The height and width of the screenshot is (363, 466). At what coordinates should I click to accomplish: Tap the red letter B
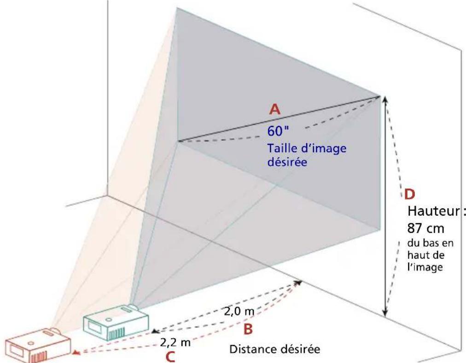pyautogui.click(x=248, y=329)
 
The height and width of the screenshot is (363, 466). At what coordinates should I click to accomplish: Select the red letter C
pyautogui.click(x=170, y=357)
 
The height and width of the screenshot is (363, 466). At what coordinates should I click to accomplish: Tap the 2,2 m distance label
pyautogui.click(x=175, y=343)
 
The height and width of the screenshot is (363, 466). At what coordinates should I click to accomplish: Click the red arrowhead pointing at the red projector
pyautogui.click(x=76, y=354)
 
